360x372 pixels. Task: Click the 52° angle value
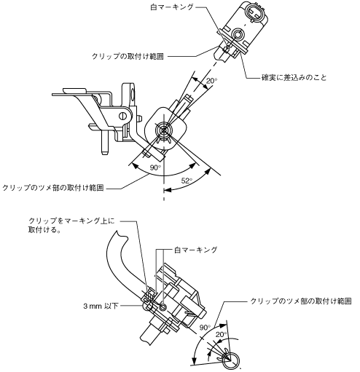187,181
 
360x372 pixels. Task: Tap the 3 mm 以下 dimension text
101,306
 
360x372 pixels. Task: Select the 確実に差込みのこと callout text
294,78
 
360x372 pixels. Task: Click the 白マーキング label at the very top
172,7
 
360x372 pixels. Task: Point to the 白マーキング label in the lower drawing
195,250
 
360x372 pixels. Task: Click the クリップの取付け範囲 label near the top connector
128,56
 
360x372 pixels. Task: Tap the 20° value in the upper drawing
212,81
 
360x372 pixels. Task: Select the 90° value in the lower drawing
206,328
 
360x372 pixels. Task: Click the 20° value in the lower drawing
221,335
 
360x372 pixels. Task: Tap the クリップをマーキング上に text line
71,221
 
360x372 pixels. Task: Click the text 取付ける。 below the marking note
44,230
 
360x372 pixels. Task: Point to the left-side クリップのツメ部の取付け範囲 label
53,188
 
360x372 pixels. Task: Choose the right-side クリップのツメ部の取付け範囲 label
301,301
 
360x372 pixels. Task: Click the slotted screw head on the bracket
124,116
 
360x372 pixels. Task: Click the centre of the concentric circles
164,130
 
